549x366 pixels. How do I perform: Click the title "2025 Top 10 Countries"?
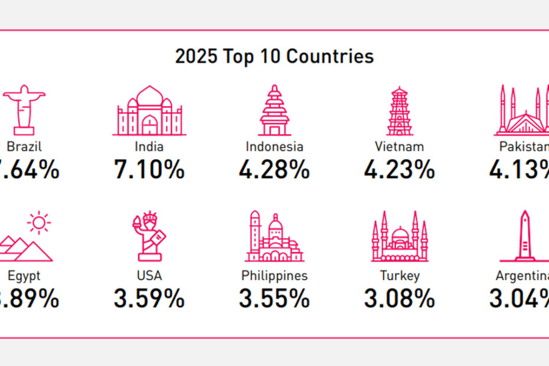(274, 57)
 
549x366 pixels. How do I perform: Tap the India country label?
(149, 146)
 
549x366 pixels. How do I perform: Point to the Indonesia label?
(274, 146)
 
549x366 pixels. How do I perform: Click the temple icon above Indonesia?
(274, 111)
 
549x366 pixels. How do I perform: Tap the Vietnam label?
(400, 146)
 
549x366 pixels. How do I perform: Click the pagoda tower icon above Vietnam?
(400, 111)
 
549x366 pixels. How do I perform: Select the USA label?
(149, 275)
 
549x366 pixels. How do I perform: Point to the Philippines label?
(274, 275)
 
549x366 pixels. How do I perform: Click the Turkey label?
(400, 275)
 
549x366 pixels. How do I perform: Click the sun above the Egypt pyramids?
(39, 223)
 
